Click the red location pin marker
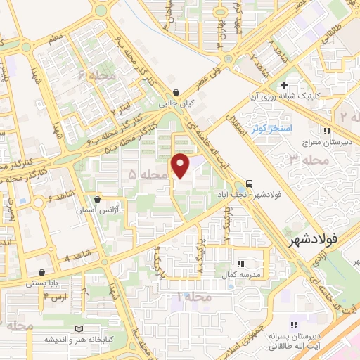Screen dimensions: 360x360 181,165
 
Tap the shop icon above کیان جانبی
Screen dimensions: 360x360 175,92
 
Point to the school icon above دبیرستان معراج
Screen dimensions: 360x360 326,130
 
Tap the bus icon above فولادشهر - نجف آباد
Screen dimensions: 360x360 251,181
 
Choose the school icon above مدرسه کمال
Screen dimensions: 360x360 240,264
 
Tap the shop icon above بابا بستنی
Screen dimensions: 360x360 42,272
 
